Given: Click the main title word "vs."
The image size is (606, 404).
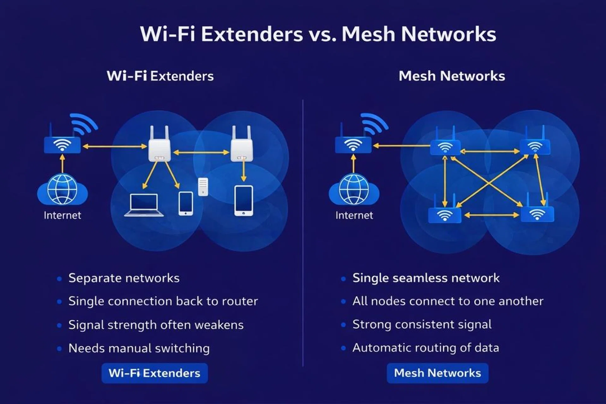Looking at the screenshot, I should click(x=322, y=34).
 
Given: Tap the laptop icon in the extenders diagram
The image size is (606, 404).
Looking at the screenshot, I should click(x=144, y=205).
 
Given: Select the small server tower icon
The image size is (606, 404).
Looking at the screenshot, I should click(x=203, y=186).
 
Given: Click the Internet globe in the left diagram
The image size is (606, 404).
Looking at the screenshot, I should click(x=62, y=189).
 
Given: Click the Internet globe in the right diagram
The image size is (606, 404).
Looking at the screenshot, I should click(x=354, y=189).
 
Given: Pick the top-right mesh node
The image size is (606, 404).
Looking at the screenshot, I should click(x=535, y=147).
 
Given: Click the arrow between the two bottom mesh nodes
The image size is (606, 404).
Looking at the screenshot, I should click(x=491, y=215).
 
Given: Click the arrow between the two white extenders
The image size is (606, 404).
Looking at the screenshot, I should click(x=201, y=152).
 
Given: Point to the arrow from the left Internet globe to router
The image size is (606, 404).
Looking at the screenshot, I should click(x=62, y=163).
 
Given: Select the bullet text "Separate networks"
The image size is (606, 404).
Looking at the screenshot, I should click(x=124, y=278).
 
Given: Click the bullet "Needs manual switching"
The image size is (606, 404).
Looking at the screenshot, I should click(x=139, y=348).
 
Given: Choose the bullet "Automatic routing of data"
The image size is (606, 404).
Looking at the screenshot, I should click(x=425, y=348).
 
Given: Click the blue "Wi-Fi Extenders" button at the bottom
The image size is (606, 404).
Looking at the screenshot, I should click(x=154, y=373).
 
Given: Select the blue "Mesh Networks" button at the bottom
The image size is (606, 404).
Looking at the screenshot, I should click(x=437, y=373).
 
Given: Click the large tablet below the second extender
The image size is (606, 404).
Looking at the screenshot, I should click(x=243, y=200).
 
